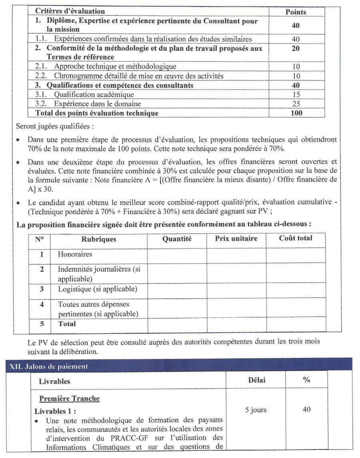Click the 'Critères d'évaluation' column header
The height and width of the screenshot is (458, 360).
pos(70,12)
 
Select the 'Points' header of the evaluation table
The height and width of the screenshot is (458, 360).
pos(296,12)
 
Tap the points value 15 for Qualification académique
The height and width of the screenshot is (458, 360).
pos(296,95)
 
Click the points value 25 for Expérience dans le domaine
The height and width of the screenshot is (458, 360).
pos(296,104)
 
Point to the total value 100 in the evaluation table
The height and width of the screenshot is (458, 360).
pos(296,113)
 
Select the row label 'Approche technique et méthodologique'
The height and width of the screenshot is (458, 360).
pos(115,66)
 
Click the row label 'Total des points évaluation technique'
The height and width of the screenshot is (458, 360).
pos(97,113)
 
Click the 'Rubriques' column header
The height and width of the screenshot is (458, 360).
pos(99,239)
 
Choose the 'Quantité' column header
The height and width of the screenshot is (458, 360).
pos(177,239)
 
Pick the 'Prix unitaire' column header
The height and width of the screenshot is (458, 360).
pos(236,238)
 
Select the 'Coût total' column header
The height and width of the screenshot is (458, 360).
pos(296,238)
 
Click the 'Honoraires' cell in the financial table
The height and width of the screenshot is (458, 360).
pos(75,254)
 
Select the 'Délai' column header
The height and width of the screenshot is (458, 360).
pos(256,380)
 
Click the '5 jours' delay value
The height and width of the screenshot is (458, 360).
pos(256,410)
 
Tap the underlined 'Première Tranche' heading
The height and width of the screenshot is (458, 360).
pos(69,398)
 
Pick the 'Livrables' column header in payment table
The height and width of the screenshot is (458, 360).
pos(54,381)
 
